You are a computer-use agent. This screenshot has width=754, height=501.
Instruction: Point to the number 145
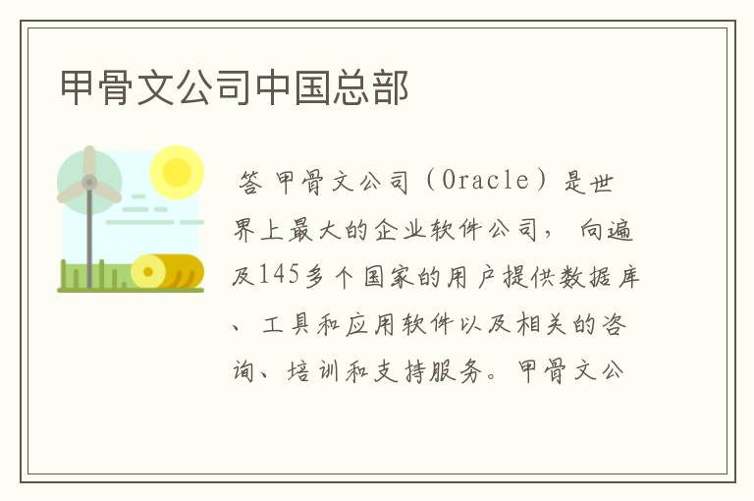click(x=279, y=276)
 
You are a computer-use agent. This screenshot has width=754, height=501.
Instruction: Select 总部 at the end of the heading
click(x=370, y=87)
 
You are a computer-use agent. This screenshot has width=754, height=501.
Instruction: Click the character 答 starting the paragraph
click(x=251, y=182)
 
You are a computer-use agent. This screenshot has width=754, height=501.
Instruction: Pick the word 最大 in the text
click(x=314, y=230)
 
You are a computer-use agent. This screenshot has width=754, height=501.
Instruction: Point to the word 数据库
click(x=599, y=277)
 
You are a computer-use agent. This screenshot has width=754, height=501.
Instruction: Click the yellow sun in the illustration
click(x=177, y=172)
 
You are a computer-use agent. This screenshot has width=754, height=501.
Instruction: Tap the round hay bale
click(x=166, y=271)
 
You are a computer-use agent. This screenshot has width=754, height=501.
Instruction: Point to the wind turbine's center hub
click(x=89, y=182)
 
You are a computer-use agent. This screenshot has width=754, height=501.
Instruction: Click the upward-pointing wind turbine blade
click(x=89, y=161)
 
